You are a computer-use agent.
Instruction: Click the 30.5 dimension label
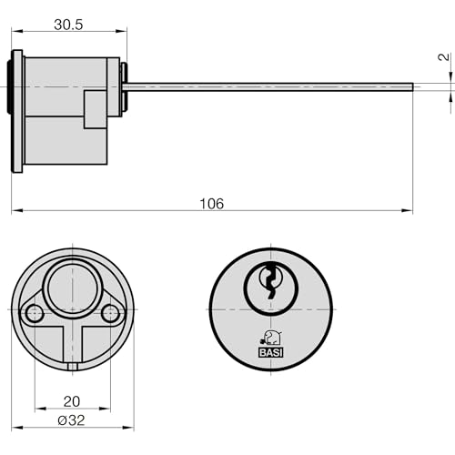[x=68, y=25]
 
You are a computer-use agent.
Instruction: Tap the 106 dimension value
[x=212, y=204]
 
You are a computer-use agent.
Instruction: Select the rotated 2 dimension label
[x=444, y=56]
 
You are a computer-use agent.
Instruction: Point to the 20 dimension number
[x=72, y=401]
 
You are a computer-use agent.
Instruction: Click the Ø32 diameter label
[x=71, y=420]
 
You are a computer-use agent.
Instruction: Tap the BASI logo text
[x=271, y=352]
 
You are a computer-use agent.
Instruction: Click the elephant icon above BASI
[x=271, y=338]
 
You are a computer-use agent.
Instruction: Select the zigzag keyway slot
[x=270, y=281]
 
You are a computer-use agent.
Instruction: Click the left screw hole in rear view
[x=34, y=313]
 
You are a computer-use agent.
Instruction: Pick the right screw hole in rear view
[x=110, y=313]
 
